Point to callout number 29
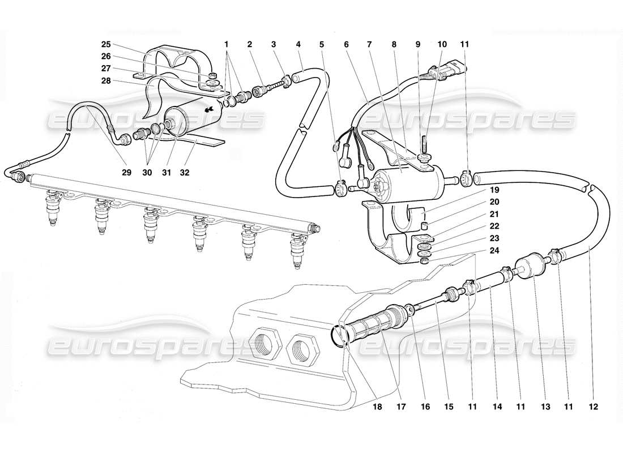[x=126, y=173]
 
